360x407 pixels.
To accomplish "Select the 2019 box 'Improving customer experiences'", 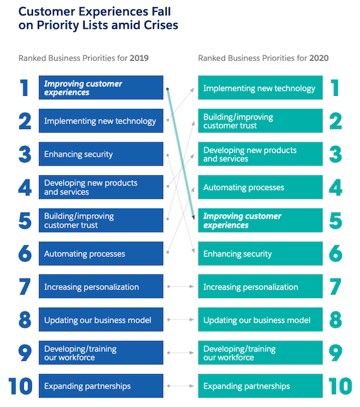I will click(101, 88).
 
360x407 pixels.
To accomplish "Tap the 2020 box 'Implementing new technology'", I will click(260, 88).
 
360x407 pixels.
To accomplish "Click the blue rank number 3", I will click(25, 154).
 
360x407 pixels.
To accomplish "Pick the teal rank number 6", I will click(335, 254).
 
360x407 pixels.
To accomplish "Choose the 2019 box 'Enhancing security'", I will click(101, 154).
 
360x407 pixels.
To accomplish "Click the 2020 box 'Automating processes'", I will click(260, 187).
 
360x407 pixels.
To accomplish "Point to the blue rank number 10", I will click(20, 386).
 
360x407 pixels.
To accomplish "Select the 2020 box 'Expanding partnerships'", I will click(260, 386).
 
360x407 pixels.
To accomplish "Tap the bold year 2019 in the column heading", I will click(139, 58).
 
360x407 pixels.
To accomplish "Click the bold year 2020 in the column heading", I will click(319, 58).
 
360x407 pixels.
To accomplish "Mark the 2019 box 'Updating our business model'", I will click(101, 320).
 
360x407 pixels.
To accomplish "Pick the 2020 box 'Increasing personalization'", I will click(260, 287).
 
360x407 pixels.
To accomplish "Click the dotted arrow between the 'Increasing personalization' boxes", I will click(181, 287).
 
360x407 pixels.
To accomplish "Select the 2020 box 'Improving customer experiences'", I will click(260, 220).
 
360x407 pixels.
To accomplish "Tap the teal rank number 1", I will click(335, 88).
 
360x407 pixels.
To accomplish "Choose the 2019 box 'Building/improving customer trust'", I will click(101, 220).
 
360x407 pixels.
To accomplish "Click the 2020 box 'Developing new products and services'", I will click(260, 154).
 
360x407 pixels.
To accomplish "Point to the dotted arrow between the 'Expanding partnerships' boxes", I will click(181, 386).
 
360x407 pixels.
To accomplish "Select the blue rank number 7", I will click(25, 287).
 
